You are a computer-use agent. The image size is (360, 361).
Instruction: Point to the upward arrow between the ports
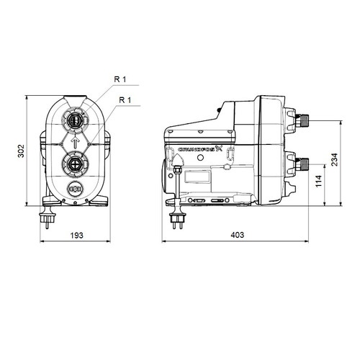pyautogui.click(x=75, y=141)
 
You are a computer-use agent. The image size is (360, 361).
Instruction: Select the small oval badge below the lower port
pyautogui.click(x=75, y=191)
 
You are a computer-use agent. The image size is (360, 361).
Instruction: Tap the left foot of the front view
pyautogui.click(x=50, y=205)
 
